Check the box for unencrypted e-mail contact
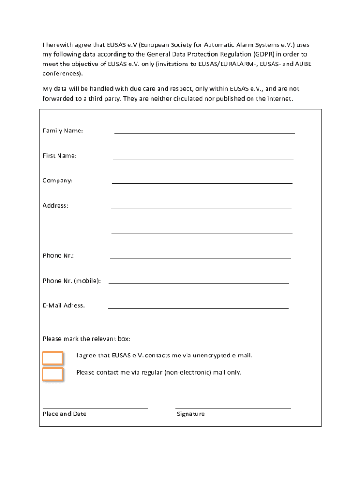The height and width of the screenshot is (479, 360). pyautogui.click(x=53, y=358)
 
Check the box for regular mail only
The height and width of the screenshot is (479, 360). pyautogui.click(x=53, y=374)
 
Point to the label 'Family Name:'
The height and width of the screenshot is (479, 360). pyautogui.click(x=63, y=131)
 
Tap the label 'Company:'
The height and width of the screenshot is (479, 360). pyautogui.click(x=58, y=181)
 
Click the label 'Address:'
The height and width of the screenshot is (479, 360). pyautogui.click(x=55, y=205)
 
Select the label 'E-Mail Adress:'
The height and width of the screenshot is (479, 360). pyautogui.click(x=64, y=305)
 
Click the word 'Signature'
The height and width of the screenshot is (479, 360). pyautogui.click(x=191, y=414)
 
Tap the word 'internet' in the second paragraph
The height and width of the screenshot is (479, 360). pyautogui.click(x=280, y=98)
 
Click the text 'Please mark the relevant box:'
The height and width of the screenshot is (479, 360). pyautogui.click(x=86, y=339)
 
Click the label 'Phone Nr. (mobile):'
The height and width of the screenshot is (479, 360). pyautogui.click(x=72, y=281)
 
